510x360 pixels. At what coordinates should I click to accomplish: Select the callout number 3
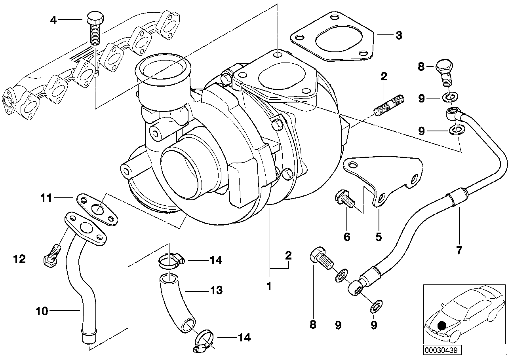coord(399,36)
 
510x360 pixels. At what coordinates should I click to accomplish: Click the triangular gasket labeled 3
coord(332,38)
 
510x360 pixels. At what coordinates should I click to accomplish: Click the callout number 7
coord(459,250)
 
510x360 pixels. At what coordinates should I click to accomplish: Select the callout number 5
coord(379,237)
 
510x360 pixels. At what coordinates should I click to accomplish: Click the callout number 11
coord(46,198)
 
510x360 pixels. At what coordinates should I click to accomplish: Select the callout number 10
coord(42,311)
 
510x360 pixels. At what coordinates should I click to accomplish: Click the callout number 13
coord(217,290)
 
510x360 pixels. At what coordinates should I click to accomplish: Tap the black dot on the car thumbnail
coord(442,326)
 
